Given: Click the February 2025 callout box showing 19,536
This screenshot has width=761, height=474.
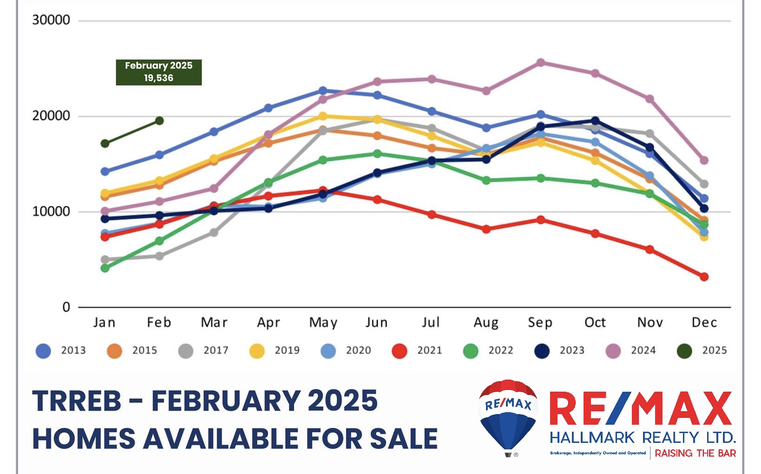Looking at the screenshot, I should tap(158, 72).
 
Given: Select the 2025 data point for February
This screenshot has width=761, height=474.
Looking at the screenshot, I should tap(159, 121).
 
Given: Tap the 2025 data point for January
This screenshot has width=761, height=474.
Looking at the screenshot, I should tap(105, 143).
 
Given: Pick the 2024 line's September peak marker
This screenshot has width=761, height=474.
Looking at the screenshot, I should tap(541, 63).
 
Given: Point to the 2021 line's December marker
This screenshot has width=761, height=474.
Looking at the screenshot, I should tap(704, 276).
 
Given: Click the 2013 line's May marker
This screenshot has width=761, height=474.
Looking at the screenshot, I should tap(323, 91).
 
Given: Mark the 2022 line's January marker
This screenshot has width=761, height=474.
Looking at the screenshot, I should tap(105, 268).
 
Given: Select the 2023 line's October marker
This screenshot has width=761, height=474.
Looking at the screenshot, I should tap(595, 121).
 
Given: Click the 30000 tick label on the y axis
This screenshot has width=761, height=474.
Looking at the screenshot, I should tap(51, 20).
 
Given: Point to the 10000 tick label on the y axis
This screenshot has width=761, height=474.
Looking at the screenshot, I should tap(51, 211).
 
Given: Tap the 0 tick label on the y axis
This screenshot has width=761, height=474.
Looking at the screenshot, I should tap(66, 307).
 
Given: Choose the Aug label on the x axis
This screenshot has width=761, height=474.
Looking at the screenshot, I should tap(486, 323).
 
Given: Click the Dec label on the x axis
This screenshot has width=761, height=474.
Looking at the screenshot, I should tap(704, 323).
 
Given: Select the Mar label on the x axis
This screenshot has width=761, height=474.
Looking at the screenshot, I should tap(214, 323).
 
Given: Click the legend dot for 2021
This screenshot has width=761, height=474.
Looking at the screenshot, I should tap(400, 351).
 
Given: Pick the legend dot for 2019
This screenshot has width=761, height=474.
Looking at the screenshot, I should tap(257, 351).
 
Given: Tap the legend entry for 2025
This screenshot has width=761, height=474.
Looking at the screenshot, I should tap(702, 351).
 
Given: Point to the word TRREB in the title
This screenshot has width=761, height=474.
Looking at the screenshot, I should tap(77, 401).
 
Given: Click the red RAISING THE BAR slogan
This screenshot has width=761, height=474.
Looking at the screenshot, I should tap(695, 453).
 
